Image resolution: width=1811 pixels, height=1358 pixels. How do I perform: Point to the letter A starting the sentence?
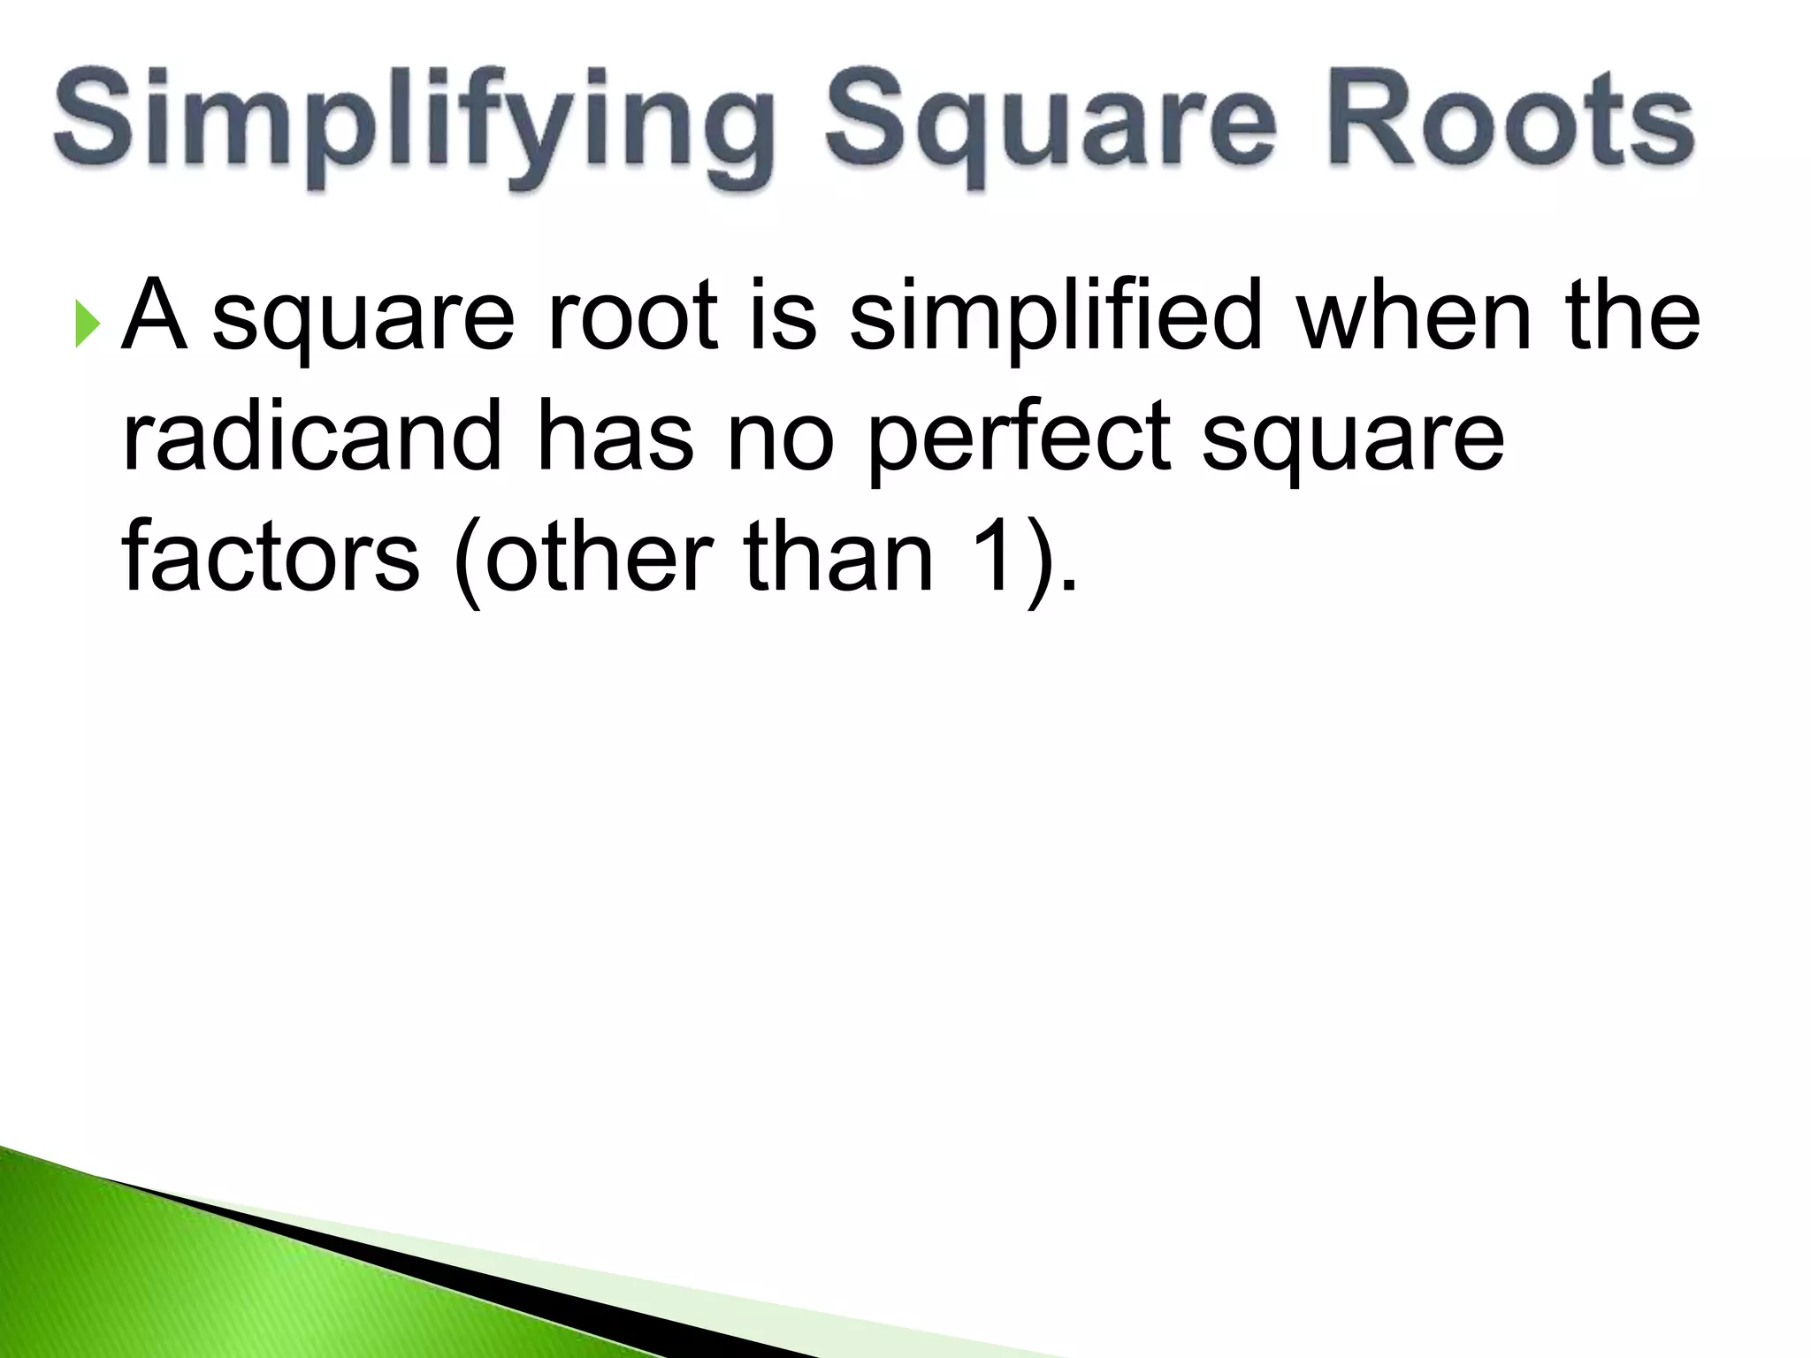(155, 315)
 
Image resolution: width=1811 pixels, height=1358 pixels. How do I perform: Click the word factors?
(271, 557)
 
